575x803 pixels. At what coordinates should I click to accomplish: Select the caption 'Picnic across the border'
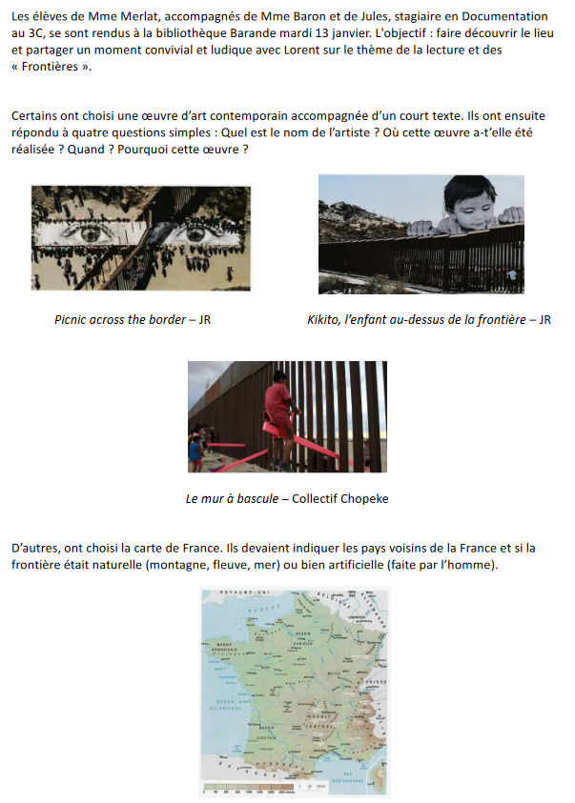coord(120,319)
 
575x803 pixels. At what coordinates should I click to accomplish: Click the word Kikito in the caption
coord(326,319)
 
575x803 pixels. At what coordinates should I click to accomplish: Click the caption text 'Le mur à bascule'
coord(232,498)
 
